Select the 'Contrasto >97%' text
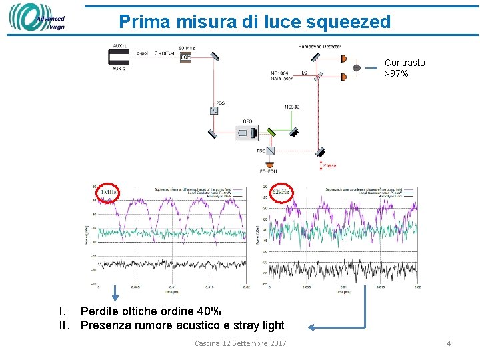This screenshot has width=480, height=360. pyautogui.click(x=405, y=68)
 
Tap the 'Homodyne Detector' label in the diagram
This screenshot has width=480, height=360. pyautogui.click(x=319, y=47)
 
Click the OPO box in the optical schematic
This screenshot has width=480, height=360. pyautogui.click(x=247, y=133)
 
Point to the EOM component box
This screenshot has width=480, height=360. pyautogui.click(x=187, y=57)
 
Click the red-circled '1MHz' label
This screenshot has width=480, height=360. pyautogui.click(x=107, y=193)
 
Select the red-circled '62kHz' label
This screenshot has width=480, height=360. pyautogui.click(x=281, y=192)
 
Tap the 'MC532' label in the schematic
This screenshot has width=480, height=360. pyautogui.click(x=292, y=107)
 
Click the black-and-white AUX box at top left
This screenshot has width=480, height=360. pyautogui.click(x=119, y=57)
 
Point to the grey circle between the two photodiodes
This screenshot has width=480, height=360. pyautogui.click(x=357, y=68)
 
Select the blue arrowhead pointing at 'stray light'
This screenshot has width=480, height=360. pyautogui.click(x=312, y=327)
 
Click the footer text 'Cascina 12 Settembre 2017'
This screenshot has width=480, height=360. pyautogui.click(x=240, y=343)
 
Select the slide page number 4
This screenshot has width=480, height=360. pyautogui.click(x=449, y=343)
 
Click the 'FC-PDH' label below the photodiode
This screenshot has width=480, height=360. pyautogui.click(x=269, y=171)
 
